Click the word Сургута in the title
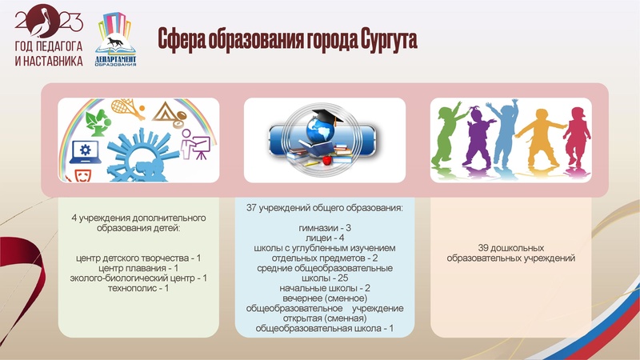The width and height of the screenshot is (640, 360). pos(379,38)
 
